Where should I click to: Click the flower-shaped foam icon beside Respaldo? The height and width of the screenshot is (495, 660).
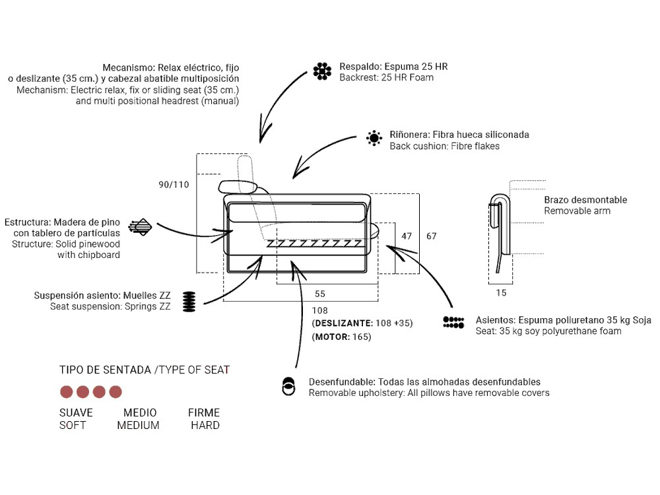pos(322,71)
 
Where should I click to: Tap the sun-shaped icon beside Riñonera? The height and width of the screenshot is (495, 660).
pos(374,138)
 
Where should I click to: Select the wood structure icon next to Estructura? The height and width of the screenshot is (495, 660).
pos(140,227)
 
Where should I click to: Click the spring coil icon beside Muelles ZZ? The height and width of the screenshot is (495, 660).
pos(189,302)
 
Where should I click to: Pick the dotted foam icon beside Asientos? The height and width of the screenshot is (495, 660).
pos(453,322)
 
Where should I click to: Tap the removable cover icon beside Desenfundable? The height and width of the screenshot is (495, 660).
pos(288,386)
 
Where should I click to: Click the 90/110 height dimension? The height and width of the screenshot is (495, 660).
pos(174,184)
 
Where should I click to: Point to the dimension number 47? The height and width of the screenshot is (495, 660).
pos(407,236)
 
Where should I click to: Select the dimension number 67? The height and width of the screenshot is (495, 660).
pos(432,236)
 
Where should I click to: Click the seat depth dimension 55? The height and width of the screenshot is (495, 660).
pos(320,294)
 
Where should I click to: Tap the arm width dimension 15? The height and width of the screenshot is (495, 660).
pos(501,292)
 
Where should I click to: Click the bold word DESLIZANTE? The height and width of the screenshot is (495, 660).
pos(344,323)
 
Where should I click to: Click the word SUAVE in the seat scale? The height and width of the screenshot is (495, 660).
pos(76,412)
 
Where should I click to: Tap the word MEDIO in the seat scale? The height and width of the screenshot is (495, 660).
pos(140,412)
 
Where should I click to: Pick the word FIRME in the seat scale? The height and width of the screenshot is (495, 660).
pos(204,412)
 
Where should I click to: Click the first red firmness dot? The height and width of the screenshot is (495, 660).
pos(67,392)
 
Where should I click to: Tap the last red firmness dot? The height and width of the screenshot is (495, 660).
pos(115,392)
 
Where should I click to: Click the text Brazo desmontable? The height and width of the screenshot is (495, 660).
pos(585,200)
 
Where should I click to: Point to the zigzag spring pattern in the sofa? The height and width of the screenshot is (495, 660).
pos(314,244)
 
